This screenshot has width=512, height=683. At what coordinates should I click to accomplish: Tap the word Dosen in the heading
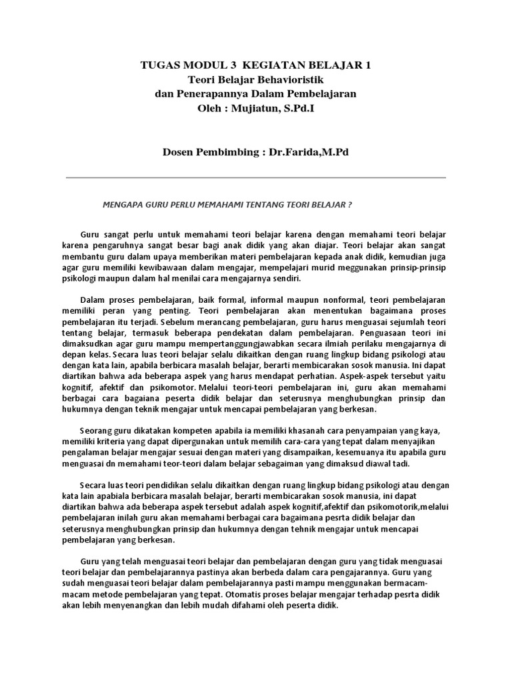181,152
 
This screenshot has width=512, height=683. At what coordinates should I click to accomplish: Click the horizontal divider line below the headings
256,177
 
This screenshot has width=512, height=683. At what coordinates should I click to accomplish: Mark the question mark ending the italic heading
350,205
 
